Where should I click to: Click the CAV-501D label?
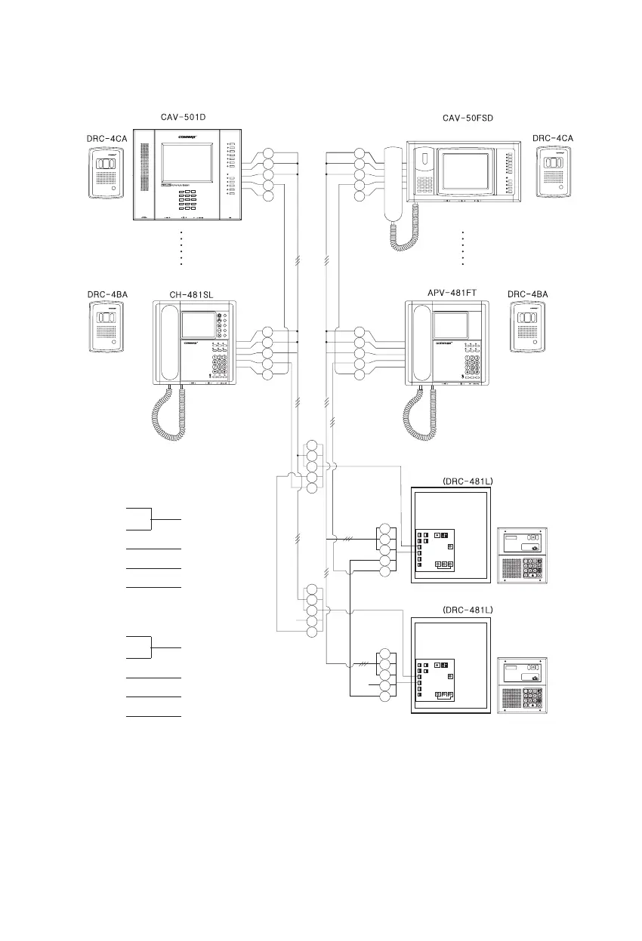(x=184, y=118)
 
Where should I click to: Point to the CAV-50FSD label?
(x=468, y=118)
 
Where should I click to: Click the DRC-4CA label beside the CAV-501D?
(x=106, y=139)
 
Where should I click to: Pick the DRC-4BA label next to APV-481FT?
(x=527, y=294)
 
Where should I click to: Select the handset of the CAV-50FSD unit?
(x=393, y=182)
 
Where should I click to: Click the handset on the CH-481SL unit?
(x=170, y=343)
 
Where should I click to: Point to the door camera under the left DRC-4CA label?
(x=105, y=173)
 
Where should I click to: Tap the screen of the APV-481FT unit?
(x=452, y=325)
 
